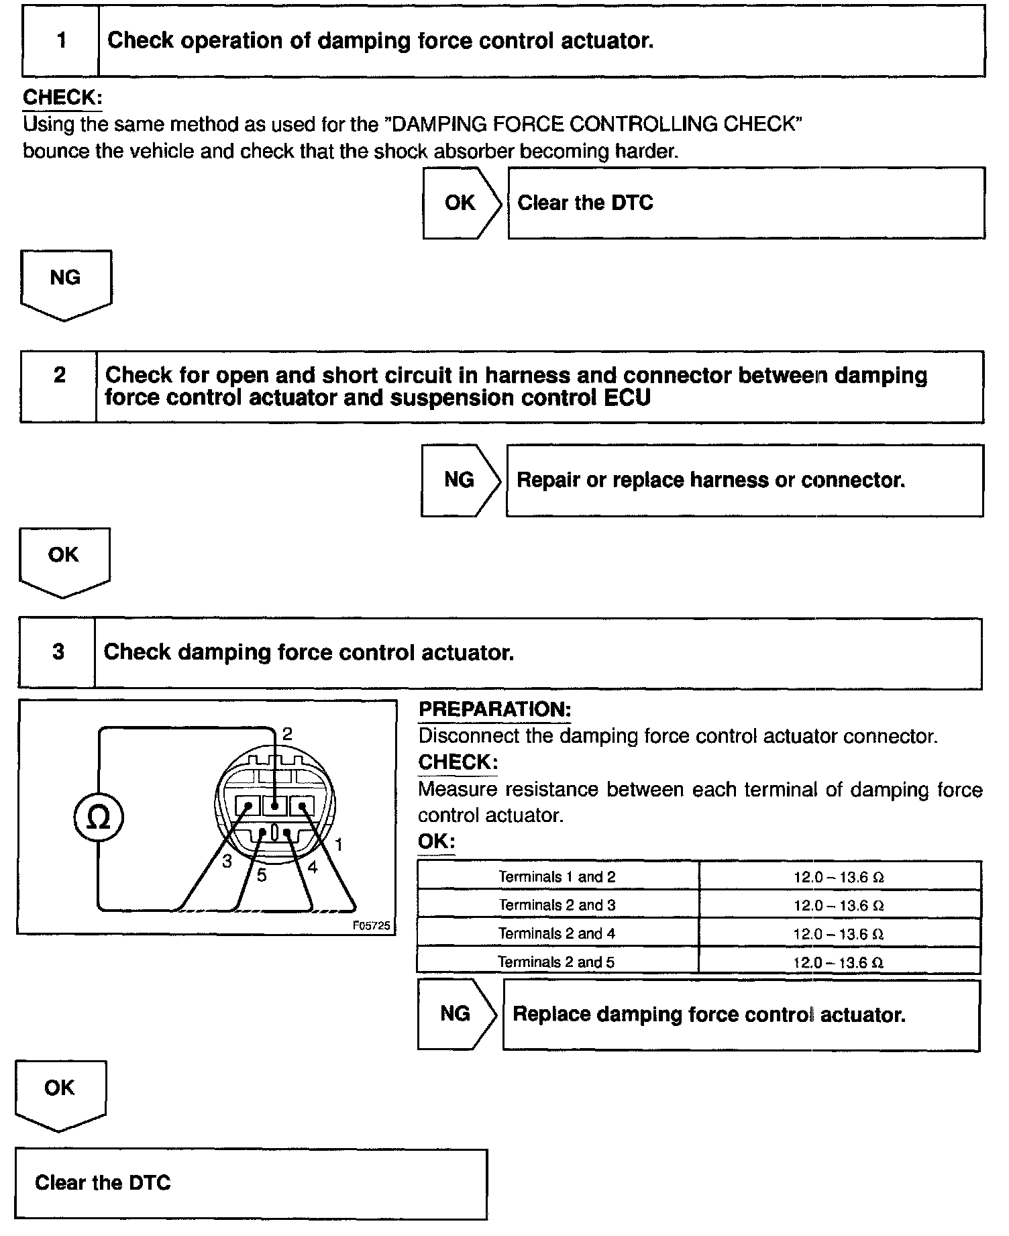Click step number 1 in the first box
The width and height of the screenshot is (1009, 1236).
61,41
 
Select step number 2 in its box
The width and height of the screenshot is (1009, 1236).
60,374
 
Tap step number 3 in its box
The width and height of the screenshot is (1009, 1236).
58,652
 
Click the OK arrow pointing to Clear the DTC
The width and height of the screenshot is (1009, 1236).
461,203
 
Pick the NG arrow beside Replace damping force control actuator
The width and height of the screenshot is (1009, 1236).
456,1013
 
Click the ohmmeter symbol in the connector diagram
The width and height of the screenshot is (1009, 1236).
99,817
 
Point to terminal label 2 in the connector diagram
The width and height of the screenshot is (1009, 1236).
287,733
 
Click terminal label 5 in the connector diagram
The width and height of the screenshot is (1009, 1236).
262,875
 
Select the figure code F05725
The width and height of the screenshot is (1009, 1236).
371,925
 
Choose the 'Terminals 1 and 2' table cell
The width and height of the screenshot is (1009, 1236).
557,876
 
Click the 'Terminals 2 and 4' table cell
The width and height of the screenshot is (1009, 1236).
557,933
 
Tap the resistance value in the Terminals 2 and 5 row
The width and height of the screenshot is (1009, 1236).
839,962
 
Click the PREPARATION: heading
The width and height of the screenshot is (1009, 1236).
494,709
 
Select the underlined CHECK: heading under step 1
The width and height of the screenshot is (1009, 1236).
62,97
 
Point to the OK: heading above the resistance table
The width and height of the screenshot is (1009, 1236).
436,841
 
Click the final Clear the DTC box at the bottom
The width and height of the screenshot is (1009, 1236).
251,1182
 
